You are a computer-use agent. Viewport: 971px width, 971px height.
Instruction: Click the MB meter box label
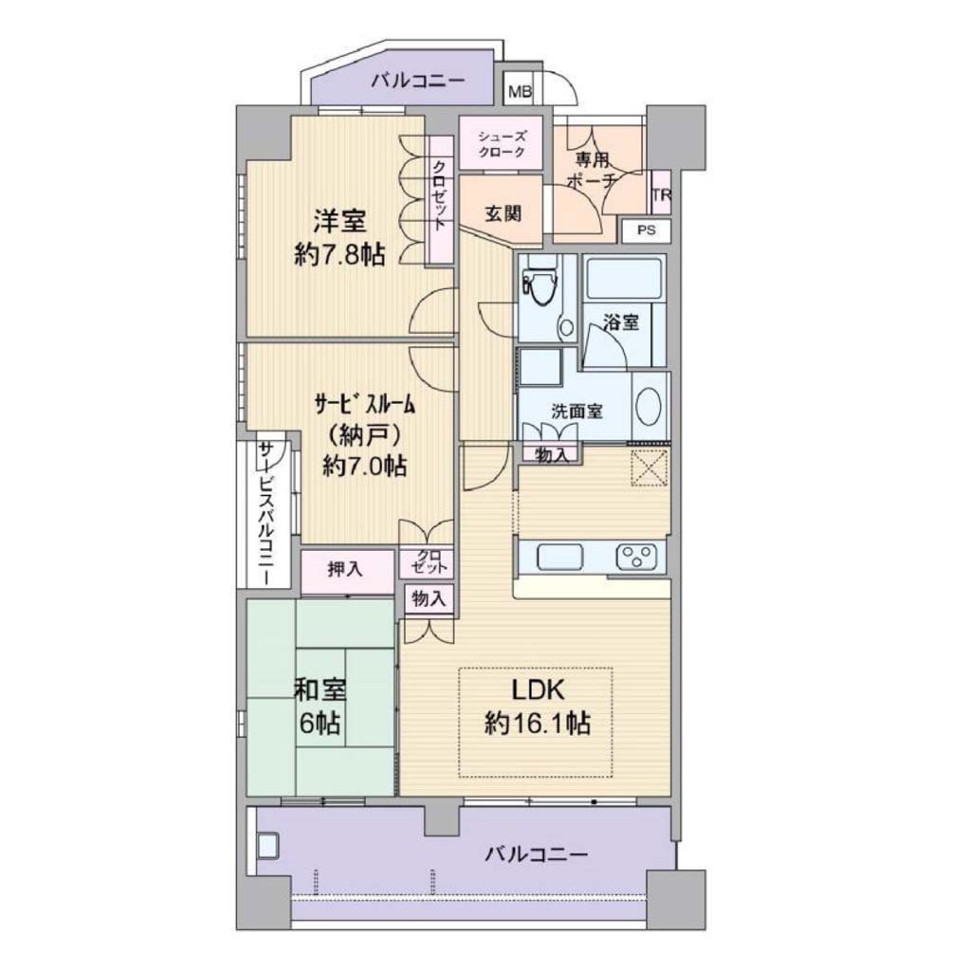click(520, 92)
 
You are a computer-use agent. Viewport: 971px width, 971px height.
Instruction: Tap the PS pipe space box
click(646, 230)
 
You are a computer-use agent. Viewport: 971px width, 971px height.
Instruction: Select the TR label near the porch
click(661, 194)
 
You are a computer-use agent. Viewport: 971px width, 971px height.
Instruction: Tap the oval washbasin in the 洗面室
click(649, 406)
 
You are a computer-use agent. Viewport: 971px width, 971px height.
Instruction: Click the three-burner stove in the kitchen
click(636, 556)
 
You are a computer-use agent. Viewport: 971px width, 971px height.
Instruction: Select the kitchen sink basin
click(559, 556)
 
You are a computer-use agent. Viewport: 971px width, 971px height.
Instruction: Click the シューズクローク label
click(502, 144)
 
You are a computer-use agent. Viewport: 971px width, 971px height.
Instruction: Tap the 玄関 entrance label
click(503, 213)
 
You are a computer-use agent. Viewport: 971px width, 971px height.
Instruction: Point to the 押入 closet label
click(345, 569)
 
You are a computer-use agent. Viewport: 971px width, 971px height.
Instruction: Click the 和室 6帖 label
click(320, 705)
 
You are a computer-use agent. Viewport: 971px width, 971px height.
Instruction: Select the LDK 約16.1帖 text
click(537, 705)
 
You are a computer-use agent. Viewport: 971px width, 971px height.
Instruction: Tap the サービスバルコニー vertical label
click(266, 513)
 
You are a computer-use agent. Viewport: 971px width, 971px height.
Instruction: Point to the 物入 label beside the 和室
click(429, 598)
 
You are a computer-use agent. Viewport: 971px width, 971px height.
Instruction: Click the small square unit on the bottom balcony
click(268, 845)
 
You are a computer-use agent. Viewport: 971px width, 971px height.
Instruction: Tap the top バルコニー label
click(418, 82)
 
